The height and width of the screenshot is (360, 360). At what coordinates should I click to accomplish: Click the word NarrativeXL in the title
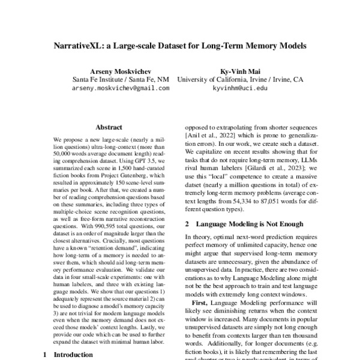80,45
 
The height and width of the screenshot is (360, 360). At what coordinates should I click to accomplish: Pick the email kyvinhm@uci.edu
240,88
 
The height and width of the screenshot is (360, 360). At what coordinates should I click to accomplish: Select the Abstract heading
109,127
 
